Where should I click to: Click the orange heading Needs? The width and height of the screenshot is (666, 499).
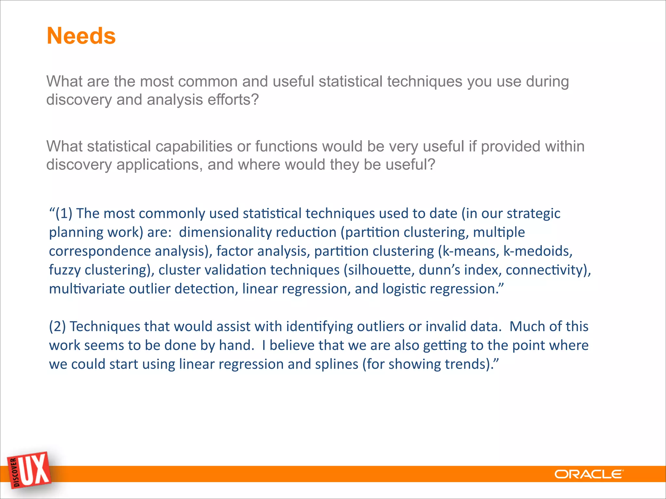click(x=81, y=36)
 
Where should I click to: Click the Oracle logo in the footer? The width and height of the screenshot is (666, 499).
click(x=589, y=474)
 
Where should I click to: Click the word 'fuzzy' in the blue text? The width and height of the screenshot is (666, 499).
click(x=65, y=270)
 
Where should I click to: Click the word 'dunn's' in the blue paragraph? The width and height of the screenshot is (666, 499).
click(x=439, y=270)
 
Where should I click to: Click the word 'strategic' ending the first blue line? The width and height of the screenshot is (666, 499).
click(x=533, y=213)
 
